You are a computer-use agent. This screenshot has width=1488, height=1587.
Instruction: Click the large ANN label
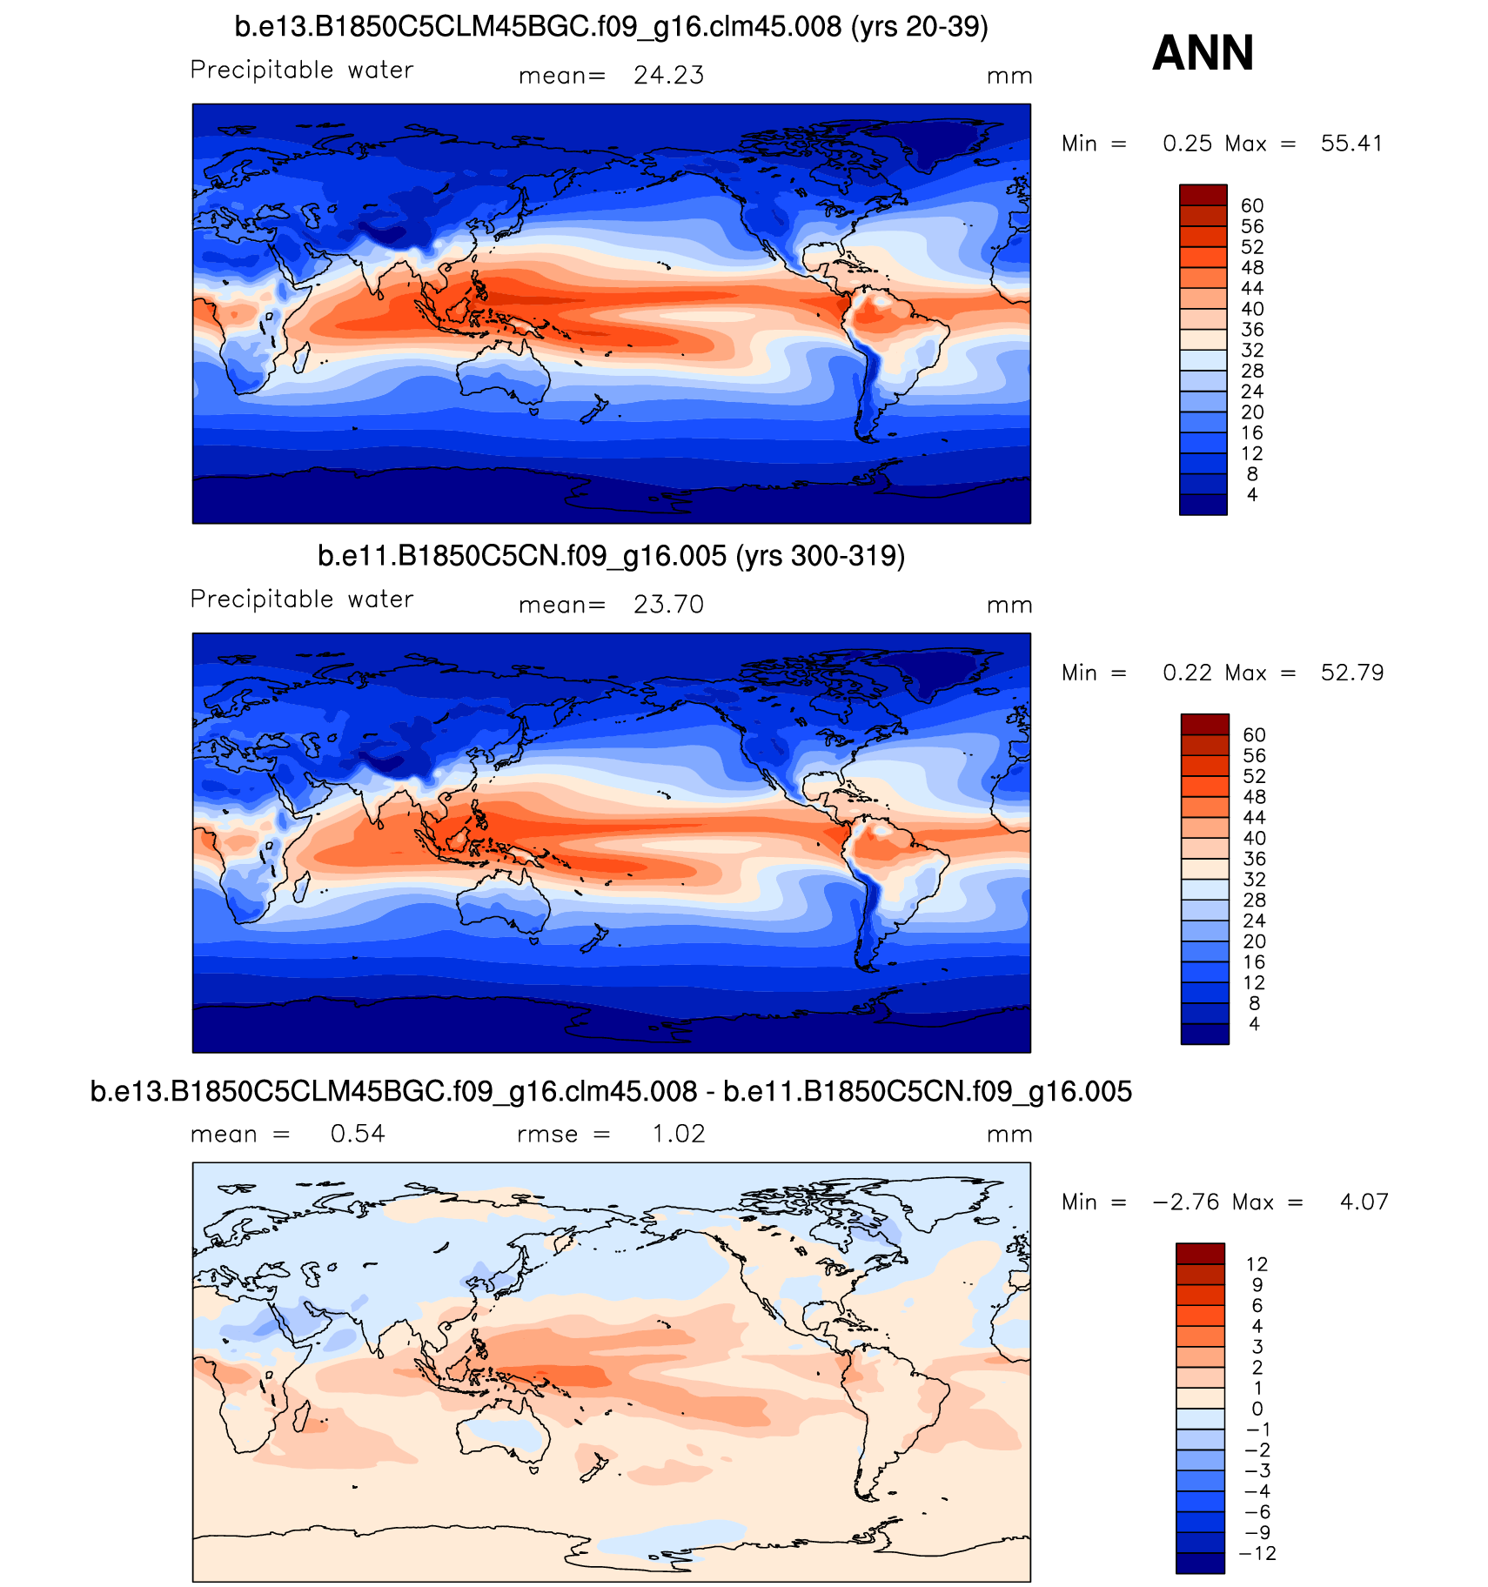click(x=1203, y=53)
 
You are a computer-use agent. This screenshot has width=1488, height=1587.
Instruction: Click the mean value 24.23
click(x=668, y=76)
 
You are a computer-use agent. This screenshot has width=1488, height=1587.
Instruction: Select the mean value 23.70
click(x=668, y=605)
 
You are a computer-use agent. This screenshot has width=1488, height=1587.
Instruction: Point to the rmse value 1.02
click(x=679, y=1134)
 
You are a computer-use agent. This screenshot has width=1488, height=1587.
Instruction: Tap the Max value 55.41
click(x=1351, y=144)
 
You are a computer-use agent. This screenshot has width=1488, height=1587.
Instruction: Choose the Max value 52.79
click(x=1351, y=673)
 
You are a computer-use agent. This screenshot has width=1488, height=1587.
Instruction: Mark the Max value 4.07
click(x=1364, y=1202)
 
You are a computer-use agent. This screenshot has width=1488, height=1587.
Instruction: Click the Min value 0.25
click(x=1187, y=144)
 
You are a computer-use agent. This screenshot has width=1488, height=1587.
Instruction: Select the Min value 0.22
click(x=1187, y=673)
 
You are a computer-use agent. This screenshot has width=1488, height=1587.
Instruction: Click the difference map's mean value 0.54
click(x=358, y=1134)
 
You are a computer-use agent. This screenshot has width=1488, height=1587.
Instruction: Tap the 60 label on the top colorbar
click(x=1252, y=206)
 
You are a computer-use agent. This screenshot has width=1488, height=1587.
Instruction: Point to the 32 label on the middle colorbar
click(x=1254, y=880)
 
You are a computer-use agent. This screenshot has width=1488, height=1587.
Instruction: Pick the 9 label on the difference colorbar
click(x=1257, y=1285)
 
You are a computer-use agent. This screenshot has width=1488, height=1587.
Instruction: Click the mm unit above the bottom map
click(x=1009, y=1135)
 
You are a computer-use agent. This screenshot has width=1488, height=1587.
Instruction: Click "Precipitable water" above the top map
click(x=301, y=70)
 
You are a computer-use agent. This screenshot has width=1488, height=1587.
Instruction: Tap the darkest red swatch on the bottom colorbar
click(x=1200, y=1253)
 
